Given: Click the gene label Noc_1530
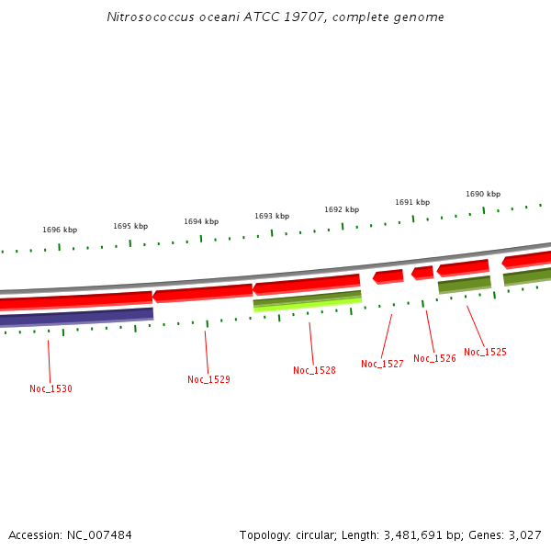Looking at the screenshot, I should point(51,388).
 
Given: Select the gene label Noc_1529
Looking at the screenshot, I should point(208,379).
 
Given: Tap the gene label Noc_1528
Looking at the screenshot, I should point(314,370).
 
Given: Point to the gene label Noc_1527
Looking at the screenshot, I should point(382,364).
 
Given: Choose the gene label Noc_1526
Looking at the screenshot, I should point(434,358).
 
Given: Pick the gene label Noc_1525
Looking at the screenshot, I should point(485,352).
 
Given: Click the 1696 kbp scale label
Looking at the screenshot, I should point(60,230).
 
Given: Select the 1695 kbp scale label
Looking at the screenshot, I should point(130,226).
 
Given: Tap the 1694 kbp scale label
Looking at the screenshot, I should point(201,221).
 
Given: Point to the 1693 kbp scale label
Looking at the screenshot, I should point(272,216).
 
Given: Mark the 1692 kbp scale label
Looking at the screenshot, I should point(342,209).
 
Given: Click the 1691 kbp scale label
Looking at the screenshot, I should point(412,202).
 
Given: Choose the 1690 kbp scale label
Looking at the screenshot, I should point(483,194).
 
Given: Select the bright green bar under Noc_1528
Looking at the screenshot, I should point(307,304).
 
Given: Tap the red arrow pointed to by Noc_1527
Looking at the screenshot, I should point(388,276).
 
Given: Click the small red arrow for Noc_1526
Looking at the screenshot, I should point(422,273).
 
